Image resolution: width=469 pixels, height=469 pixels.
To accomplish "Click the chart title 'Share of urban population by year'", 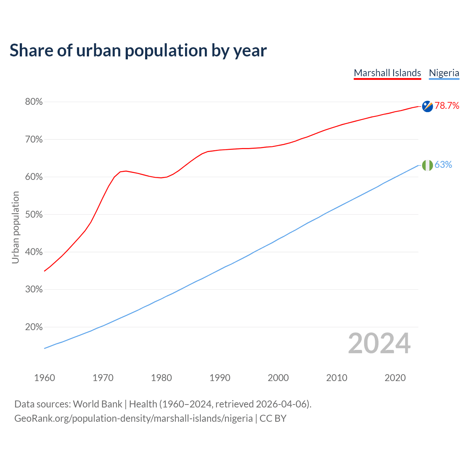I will tap(138, 51).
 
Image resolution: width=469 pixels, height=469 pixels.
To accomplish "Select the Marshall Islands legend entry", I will tap(387, 73).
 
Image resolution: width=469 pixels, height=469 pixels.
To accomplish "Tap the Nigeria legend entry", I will tap(444, 73).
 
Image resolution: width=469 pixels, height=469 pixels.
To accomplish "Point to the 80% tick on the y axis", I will tap(34, 102).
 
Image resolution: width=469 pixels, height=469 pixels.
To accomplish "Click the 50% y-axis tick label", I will tap(34, 214).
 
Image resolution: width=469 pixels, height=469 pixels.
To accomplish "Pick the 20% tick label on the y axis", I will tap(34, 327).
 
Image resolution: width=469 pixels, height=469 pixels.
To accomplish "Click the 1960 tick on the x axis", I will tap(44, 378).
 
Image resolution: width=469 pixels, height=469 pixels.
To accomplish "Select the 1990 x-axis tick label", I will tap(220, 378).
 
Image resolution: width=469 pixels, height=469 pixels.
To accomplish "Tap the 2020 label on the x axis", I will tap(395, 378).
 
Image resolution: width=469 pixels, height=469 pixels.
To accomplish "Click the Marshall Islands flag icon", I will tap(427, 106).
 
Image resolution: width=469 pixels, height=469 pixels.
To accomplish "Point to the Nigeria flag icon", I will tap(427, 165).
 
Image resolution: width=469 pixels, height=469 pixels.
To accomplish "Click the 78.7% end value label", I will tap(447, 106).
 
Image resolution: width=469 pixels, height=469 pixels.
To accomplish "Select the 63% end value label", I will tap(443, 165).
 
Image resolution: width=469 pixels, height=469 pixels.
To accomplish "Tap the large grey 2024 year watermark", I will tap(379, 343).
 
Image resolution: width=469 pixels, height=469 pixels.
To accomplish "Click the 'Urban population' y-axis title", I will tap(15, 227).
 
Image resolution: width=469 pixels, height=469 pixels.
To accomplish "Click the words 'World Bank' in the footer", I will tap(97, 404).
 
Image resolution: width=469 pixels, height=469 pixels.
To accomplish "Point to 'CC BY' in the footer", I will tap(273, 418).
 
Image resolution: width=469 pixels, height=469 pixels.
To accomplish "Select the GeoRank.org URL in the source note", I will tap(133, 418).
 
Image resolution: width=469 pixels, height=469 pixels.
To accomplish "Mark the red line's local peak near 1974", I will tap(126, 171).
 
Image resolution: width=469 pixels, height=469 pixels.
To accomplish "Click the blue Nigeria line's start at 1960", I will tap(45, 348).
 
